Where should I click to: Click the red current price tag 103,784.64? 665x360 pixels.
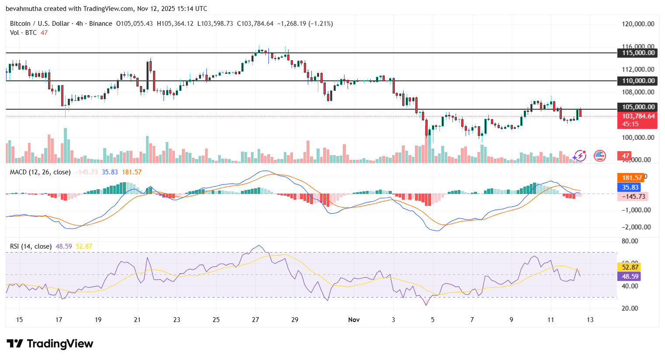tap(637, 117)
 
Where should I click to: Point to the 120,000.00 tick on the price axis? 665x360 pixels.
tap(638, 24)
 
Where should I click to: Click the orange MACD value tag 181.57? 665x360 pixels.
tap(632, 178)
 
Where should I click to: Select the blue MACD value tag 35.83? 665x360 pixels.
tap(630, 187)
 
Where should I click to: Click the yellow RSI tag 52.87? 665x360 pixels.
tap(630, 267)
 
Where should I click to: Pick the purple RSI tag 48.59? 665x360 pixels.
tap(630, 277)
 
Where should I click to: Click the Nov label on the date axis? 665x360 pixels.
tap(354, 320)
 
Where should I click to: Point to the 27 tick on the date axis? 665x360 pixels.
tap(255, 320)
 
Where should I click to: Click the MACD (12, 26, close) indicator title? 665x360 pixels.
tap(40, 172)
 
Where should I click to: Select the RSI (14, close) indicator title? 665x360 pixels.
tap(31, 246)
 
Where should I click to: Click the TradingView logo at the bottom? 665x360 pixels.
tap(50, 344)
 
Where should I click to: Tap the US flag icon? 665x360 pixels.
tap(599, 156)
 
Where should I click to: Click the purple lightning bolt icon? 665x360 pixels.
tap(580, 156)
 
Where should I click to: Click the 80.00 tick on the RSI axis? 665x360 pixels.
tap(630, 241)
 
